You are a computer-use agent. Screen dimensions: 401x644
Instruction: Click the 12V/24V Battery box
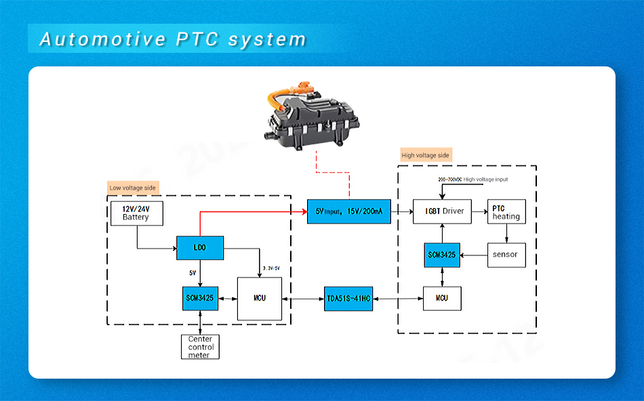(136, 213)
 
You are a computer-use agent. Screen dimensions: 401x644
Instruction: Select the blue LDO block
(200, 248)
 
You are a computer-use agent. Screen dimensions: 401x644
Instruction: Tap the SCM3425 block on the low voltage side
(200, 298)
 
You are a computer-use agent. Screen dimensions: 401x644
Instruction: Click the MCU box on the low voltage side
(259, 298)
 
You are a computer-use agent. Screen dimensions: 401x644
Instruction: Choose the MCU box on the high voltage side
(442, 298)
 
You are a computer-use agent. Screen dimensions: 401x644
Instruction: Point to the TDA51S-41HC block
(348, 298)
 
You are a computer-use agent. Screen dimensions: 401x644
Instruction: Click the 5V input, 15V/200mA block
(348, 211)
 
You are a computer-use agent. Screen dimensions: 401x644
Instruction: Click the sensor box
(506, 255)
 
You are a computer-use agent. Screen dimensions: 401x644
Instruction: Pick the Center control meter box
(200, 347)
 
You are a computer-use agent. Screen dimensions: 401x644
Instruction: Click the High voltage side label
(425, 155)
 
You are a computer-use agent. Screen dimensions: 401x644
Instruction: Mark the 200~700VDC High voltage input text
(473, 180)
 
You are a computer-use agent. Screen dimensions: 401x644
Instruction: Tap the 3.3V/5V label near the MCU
(270, 268)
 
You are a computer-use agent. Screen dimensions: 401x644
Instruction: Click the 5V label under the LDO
(193, 273)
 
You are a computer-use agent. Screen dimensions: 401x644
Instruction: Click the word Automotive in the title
(102, 39)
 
